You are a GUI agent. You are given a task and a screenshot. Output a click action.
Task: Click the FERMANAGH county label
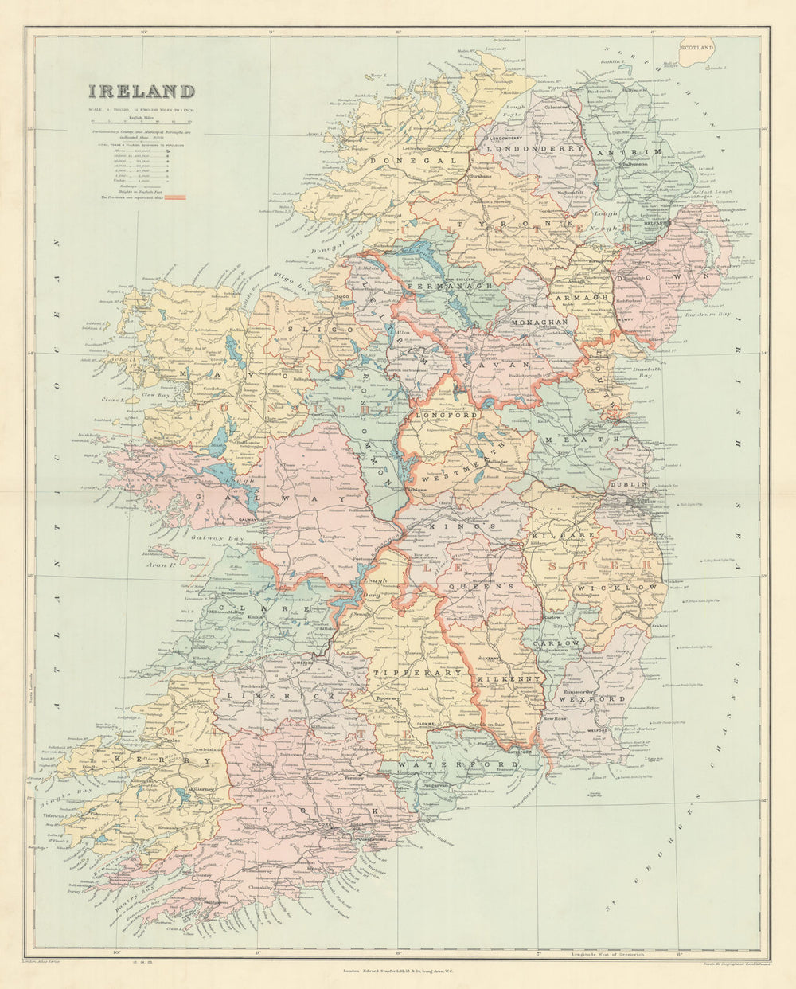click(x=450, y=285)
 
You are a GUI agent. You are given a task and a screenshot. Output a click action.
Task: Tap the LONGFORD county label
click(x=445, y=416)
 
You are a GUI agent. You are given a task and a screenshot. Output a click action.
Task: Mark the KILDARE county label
click(x=569, y=537)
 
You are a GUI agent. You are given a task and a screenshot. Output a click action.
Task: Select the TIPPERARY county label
click(x=417, y=673)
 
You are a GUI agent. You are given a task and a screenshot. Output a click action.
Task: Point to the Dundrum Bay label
click(x=712, y=314)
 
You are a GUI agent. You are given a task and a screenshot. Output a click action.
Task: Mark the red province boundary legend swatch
click(x=174, y=196)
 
